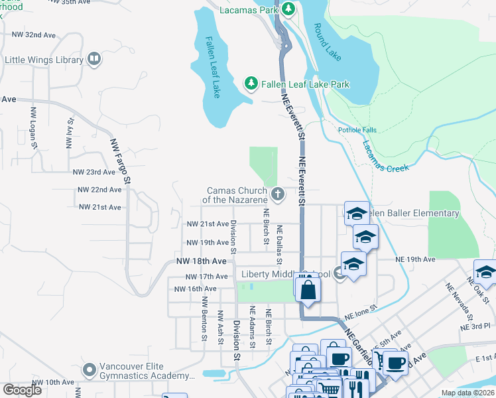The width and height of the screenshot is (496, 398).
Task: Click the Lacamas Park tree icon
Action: (x=288, y=9)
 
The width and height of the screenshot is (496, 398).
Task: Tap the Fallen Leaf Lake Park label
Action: (x=305, y=84)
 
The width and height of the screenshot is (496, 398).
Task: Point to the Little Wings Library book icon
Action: (x=94, y=60)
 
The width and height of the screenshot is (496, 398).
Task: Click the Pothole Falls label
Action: (x=357, y=130)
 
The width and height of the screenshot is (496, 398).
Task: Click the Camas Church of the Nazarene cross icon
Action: (x=278, y=194)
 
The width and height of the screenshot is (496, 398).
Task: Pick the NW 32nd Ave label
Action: (x=34, y=34)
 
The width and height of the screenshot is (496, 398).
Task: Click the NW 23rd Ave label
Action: (x=94, y=172)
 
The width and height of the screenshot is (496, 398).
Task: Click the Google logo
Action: (x=22, y=390)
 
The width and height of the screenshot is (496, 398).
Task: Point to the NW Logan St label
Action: (x=32, y=124)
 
